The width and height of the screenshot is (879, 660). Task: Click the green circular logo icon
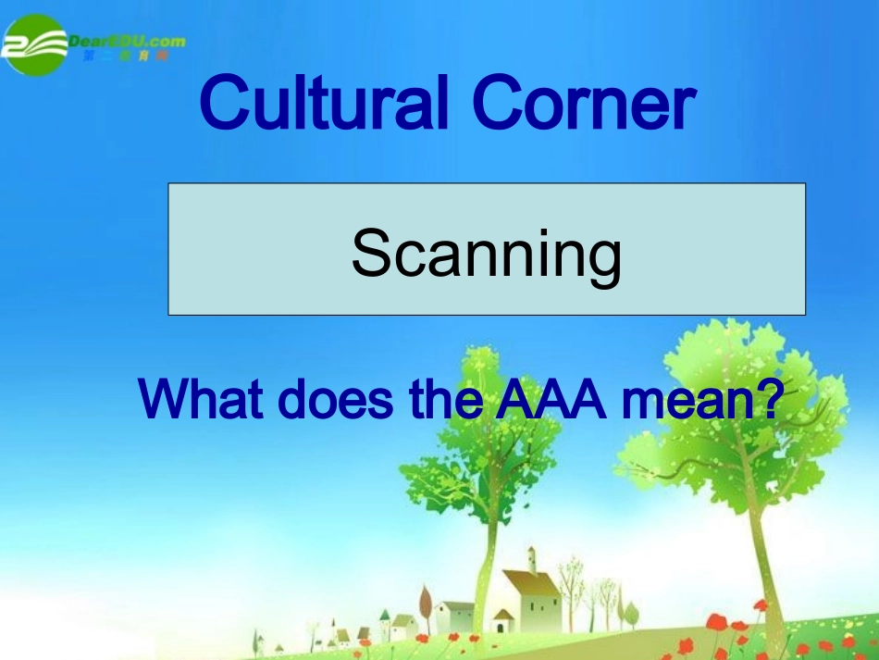(35, 44)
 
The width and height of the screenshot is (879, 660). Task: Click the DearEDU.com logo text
(127, 40)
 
